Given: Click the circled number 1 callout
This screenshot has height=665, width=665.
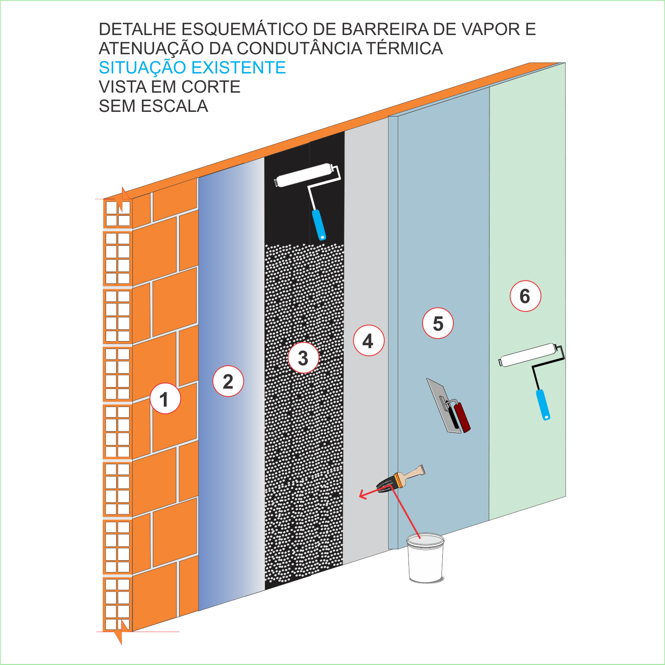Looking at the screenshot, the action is point(165,399).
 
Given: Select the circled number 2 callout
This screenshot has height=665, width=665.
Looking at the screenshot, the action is point(228,381).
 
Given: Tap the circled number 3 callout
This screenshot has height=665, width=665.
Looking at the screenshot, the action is point(304,358).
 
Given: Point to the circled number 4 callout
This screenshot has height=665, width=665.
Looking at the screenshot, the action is point(368,341).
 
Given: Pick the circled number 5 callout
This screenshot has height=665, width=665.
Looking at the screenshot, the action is point(438,323).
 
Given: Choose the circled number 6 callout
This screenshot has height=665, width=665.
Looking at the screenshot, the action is point(525,296).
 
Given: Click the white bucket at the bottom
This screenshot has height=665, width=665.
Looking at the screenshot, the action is point(426,558).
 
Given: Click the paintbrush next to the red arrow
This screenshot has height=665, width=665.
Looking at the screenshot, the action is point(401,479).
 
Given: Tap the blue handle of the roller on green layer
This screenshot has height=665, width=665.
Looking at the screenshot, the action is point(543,405).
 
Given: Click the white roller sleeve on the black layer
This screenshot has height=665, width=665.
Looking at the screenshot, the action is point(304,175).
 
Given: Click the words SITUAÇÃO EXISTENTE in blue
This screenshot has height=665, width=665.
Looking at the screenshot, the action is point(193,68).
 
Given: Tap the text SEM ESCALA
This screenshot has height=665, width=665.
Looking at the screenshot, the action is point(153,106).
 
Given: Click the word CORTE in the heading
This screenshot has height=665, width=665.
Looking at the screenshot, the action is point(211,87).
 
